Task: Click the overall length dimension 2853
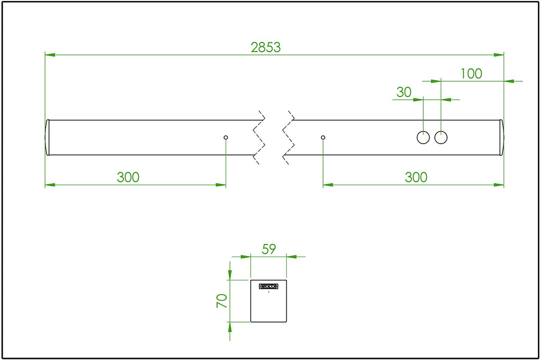pyautogui.click(x=266, y=47)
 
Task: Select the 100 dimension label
pyautogui.click(x=471, y=73)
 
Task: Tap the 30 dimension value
pyautogui.click(x=404, y=92)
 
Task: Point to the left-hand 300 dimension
pyautogui.click(x=128, y=177)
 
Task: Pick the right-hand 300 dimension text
pyautogui.click(x=416, y=177)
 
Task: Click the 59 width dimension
pyautogui.click(x=269, y=249)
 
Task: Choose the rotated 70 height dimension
pyautogui.click(x=222, y=301)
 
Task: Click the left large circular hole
pyautogui.click(x=423, y=137)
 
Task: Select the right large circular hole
pyautogui.click(x=441, y=137)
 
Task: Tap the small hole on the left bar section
pyautogui.click(x=226, y=137)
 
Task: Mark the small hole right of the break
pyautogui.click(x=323, y=137)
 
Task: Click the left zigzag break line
pyautogui.click(x=259, y=137)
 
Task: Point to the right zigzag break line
pyautogui.click(x=288, y=137)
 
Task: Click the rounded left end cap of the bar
pyautogui.click(x=47, y=137)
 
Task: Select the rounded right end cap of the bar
pyautogui.click(x=502, y=137)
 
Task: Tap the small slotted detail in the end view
pyautogui.click(x=268, y=286)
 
